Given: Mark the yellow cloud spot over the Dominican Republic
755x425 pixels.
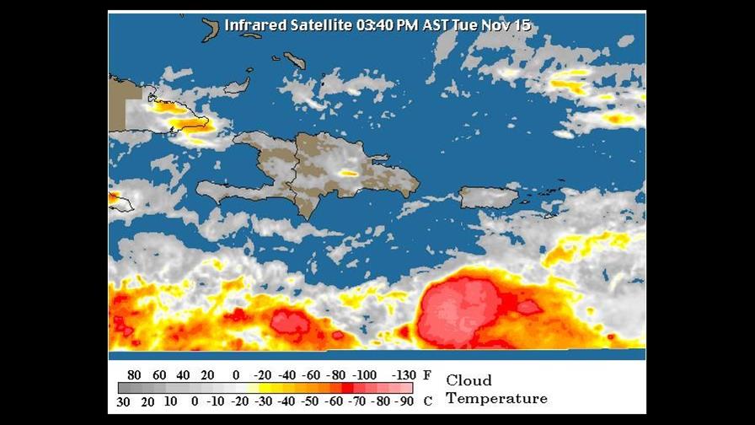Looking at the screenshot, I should coord(348,173).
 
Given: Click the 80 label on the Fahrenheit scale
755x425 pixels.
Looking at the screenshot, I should coord(133,374).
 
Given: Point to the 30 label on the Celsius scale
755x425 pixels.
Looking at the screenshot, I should coord(123,400).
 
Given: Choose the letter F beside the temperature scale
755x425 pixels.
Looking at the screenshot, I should coord(427,374).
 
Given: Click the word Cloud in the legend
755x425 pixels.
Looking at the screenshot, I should coord(469,380).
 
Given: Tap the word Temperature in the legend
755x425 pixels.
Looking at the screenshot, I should coord(496,398).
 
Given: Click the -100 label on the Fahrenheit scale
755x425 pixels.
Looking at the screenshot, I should coord(365,374).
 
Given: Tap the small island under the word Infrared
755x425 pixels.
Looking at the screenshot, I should coord(210,29).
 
